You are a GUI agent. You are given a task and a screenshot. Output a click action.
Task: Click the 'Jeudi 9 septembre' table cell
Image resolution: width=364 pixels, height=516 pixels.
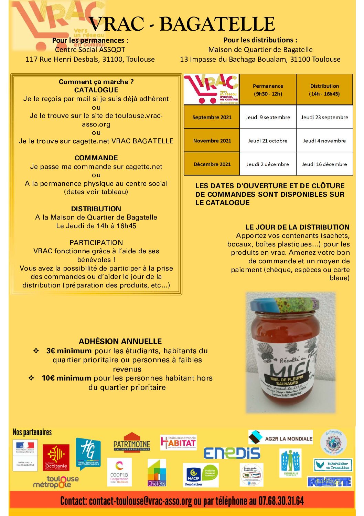point(268,117)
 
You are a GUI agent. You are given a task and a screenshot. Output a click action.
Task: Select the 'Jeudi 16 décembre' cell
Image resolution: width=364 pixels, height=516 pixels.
point(324,164)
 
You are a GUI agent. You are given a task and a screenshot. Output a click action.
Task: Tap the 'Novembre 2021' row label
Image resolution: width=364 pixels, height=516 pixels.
point(212,141)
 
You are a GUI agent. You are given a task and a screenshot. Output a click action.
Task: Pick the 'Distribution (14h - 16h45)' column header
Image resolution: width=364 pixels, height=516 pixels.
point(324,90)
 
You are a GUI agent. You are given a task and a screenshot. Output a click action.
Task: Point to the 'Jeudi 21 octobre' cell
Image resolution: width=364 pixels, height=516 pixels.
point(268,141)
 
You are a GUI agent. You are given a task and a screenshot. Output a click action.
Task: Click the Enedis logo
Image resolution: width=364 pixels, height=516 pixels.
point(232,453)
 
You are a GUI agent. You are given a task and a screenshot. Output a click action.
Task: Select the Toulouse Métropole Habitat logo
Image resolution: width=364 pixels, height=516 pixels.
point(178,442)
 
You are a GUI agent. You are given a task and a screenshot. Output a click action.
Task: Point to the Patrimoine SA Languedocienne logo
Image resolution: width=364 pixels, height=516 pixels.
point(132,442)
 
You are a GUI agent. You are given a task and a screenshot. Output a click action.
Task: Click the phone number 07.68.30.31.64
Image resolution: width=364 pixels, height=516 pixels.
point(281,501)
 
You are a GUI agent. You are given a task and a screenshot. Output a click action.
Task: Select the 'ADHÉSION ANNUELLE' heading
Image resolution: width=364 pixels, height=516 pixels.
point(120,341)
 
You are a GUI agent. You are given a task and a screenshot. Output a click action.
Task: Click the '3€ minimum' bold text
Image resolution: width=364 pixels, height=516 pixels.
point(69,351)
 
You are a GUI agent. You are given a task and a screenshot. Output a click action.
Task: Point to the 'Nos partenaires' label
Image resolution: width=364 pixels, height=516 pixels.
point(32,432)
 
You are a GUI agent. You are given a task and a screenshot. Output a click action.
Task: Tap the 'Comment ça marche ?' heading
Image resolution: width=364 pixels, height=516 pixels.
point(96,82)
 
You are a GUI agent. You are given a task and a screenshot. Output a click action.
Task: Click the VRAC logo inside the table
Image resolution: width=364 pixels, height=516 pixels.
point(212,89)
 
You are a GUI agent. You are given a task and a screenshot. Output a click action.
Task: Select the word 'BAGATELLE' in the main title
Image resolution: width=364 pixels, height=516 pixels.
point(217,24)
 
